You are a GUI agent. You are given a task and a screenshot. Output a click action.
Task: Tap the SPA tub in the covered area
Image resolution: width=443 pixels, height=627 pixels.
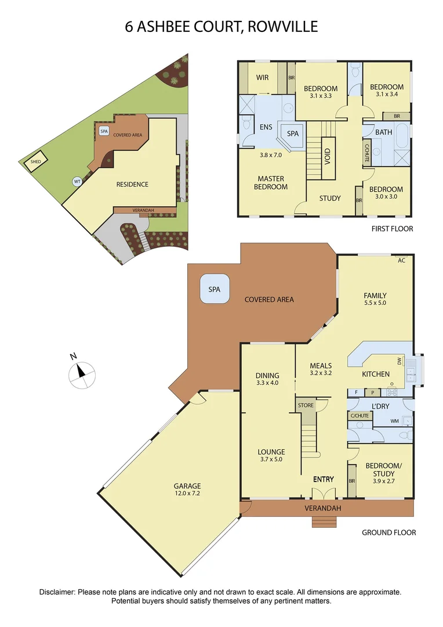pyautogui.click(x=215, y=289)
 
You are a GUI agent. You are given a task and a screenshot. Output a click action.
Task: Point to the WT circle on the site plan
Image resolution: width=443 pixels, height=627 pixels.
pyautogui.click(x=77, y=181)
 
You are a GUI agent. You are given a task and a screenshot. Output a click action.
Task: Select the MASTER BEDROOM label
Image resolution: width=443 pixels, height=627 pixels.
pyautogui.click(x=271, y=183)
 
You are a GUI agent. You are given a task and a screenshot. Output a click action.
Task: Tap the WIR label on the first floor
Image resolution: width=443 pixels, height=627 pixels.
pyautogui.click(x=262, y=77)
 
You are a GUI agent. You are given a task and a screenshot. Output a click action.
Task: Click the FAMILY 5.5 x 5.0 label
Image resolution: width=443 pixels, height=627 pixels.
pyautogui.click(x=375, y=299)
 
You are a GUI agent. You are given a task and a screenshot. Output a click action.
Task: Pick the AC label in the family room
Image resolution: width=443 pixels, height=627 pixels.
pyautogui.click(x=401, y=261)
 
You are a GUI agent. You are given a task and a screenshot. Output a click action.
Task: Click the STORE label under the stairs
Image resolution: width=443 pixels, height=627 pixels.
pyautogui.click(x=306, y=405)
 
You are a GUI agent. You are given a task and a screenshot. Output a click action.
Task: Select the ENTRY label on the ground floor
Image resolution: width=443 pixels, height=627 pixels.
pyautogui.click(x=324, y=479)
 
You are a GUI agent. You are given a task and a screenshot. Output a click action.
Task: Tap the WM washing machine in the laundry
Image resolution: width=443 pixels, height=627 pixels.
pyautogui.click(x=395, y=421)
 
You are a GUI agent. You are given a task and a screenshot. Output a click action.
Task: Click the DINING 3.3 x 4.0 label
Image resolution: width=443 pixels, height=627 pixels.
pyautogui.click(x=267, y=379)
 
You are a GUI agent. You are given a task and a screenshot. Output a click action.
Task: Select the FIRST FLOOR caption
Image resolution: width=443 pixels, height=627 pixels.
pyautogui.click(x=392, y=229)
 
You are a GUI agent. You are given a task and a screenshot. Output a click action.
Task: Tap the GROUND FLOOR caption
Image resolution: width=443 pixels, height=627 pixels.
pyautogui.click(x=388, y=532)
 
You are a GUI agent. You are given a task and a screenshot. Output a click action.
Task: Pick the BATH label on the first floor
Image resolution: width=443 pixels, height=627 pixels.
pyautogui.click(x=384, y=132)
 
